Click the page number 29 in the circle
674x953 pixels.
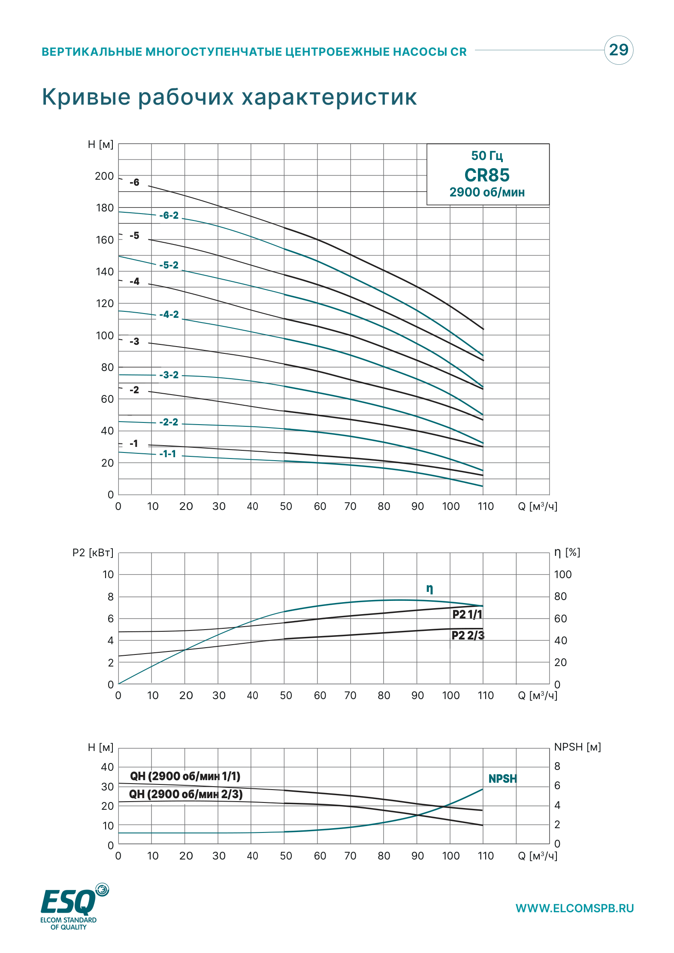pyautogui.click(x=619, y=50)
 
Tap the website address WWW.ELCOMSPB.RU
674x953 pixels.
pyautogui.click(x=574, y=908)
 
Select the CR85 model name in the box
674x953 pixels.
pyautogui.click(x=487, y=175)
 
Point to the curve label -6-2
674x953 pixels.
pyautogui.click(x=169, y=215)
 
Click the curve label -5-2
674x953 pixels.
pyautogui.click(x=169, y=265)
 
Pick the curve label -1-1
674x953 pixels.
pyautogui.click(x=168, y=454)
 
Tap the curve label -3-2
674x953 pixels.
pyautogui.click(x=169, y=375)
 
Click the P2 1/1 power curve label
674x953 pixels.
pyautogui.click(x=468, y=614)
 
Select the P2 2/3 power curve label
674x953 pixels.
pyautogui.click(x=468, y=635)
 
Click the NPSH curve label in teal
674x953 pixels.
pyautogui.click(x=503, y=779)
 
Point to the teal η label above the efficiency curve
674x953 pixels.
pyautogui.click(x=429, y=588)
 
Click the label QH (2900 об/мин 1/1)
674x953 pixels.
pyautogui.click(x=185, y=776)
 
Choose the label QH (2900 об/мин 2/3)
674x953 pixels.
pyautogui.click(x=186, y=794)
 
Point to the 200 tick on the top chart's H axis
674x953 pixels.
pyautogui.click(x=104, y=176)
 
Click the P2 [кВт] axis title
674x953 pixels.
pyautogui.click(x=93, y=552)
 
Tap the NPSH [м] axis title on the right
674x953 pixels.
pyautogui.click(x=577, y=747)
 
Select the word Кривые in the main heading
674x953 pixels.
pyautogui.click(x=86, y=97)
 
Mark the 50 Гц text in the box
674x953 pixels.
pyautogui.click(x=487, y=156)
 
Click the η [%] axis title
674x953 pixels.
pyautogui.click(x=567, y=552)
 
